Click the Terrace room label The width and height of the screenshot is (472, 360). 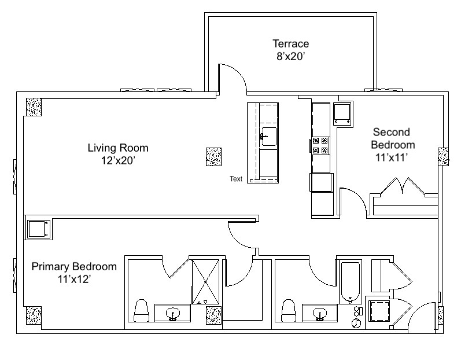tap(291, 43)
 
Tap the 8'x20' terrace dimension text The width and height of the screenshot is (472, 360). tap(291, 56)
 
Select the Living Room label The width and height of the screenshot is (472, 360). tap(118, 148)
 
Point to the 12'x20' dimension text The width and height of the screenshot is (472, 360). tap(117, 160)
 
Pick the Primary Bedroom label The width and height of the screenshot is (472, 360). tap(74, 267)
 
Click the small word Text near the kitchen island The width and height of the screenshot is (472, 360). tap(236, 179)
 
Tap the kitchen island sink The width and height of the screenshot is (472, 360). tap(268, 137)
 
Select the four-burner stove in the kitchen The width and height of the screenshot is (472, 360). tap(320, 145)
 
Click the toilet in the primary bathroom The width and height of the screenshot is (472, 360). tap(141, 311)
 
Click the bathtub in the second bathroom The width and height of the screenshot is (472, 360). tap(351, 282)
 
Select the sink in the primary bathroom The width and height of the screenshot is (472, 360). tap(173, 314)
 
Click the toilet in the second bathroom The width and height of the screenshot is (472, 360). tap(289, 311)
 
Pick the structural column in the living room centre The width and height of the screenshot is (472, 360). tap(213, 157)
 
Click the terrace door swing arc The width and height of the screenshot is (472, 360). tap(239, 74)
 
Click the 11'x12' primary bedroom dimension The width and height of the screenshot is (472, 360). tap(75, 280)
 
